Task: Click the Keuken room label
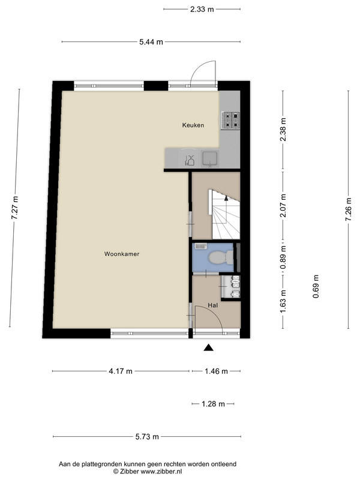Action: [x=193, y=125]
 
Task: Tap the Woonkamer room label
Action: [x=122, y=254]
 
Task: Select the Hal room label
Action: [x=212, y=305]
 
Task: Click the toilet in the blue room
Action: [x=221, y=257]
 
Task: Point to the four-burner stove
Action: [x=230, y=119]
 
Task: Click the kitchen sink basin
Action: [x=210, y=158]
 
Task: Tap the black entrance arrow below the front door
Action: [x=208, y=347]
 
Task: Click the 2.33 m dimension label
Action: [x=202, y=9]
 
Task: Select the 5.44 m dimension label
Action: [x=151, y=42]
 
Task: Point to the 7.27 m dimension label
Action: [x=14, y=208]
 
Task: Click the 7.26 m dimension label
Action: [x=349, y=209]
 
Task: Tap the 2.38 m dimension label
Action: [x=283, y=129]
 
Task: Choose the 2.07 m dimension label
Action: [x=283, y=206]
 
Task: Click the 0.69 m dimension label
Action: [x=316, y=287]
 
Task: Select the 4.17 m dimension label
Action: [x=121, y=371]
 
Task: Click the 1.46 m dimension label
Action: [x=216, y=371]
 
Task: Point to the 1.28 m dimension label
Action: [x=213, y=404]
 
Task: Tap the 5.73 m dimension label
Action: [x=147, y=437]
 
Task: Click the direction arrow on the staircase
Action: [x=226, y=198]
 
